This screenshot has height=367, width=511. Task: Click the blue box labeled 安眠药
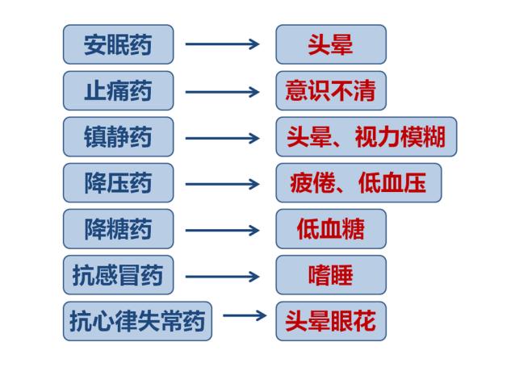pyautogui.click(x=118, y=44)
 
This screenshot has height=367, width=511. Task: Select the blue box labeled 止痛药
pyautogui.click(x=118, y=90)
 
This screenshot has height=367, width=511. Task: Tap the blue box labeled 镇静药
pyautogui.click(x=118, y=137)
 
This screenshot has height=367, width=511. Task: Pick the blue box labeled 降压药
pyautogui.click(x=118, y=183)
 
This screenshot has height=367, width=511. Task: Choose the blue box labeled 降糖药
pyautogui.click(x=118, y=229)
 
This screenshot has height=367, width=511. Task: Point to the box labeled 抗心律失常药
pyautogui.click(x=137, y=321)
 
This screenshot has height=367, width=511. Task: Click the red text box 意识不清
pyautogui.click(x=330, y=90)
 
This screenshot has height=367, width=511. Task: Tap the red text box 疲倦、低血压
pyautogui.click(x=358, y=183)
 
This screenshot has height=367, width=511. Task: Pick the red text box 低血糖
pyautogui.click(x=330, y=229)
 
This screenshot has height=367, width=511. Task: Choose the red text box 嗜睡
pyautogui.click(x=330, y=276)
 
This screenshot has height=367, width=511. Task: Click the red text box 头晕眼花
pyautogui.click(x=330, y=321)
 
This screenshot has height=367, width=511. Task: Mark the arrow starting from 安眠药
pyautogui.click(x=223, y=44)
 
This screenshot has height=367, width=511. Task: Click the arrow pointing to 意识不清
pyautogui.click(x=223, y=91)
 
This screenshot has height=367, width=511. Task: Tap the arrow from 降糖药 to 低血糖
pyautogui.click(x=223, y=230)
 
